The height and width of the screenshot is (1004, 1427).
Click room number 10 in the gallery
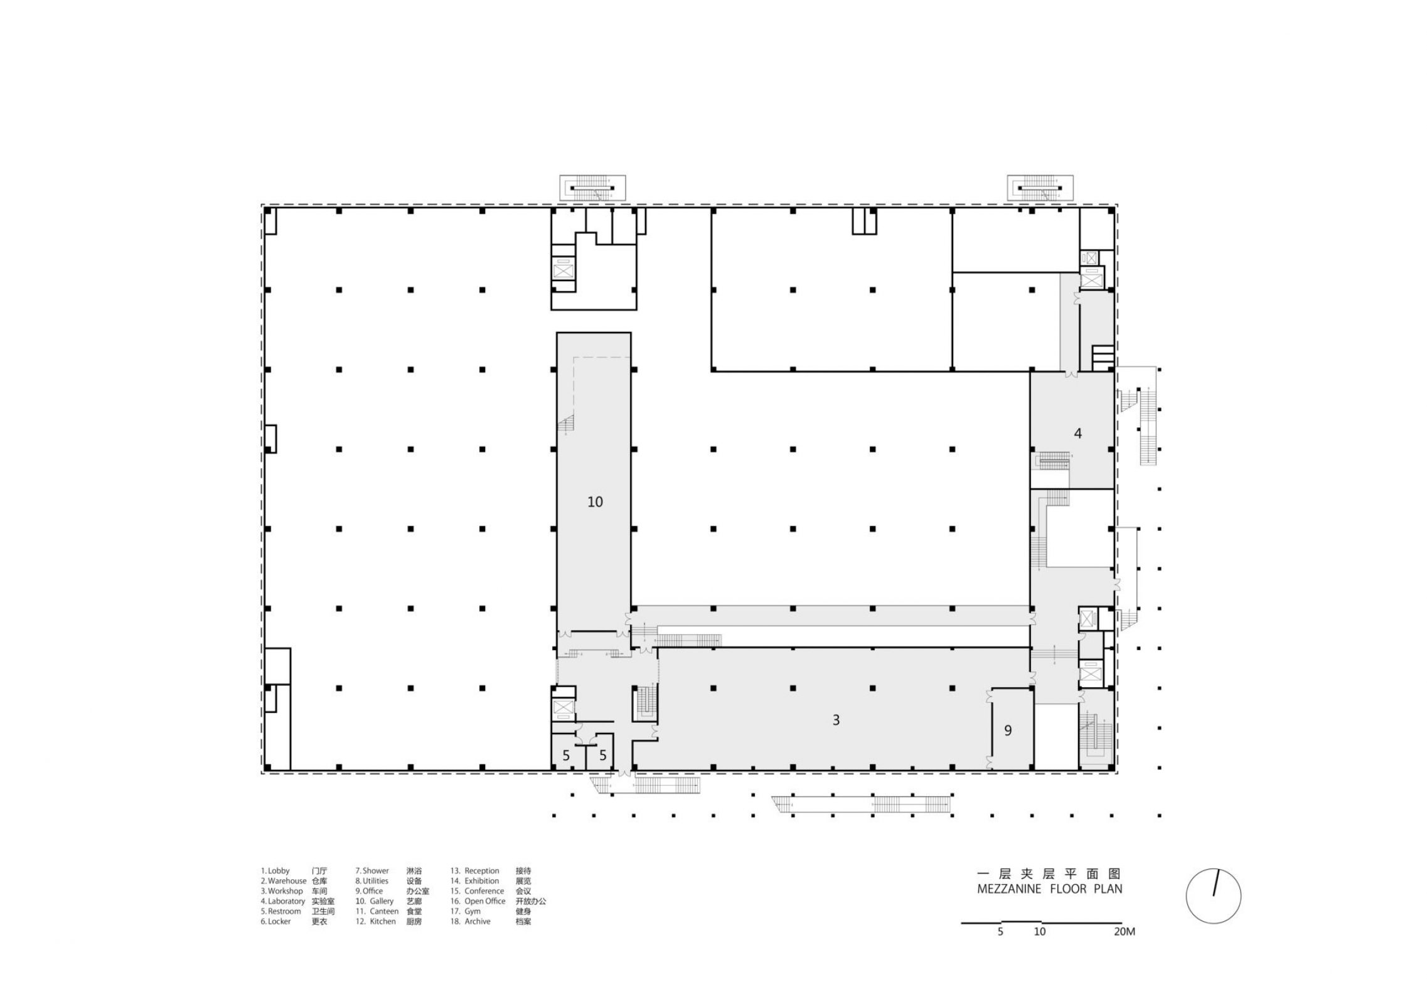(594, 502)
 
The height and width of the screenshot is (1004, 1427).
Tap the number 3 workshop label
(835, 720)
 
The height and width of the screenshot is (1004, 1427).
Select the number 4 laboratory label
(1077, 434)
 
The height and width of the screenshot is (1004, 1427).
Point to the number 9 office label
(1008, 730)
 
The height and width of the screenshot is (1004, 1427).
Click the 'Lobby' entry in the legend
(275, 871)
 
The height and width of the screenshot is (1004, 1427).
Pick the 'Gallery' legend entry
(377, 901)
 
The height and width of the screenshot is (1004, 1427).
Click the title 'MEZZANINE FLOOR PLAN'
(1049, 889)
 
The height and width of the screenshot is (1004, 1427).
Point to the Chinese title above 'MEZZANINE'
(1049, 873)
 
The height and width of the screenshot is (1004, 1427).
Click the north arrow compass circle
(1213, 896)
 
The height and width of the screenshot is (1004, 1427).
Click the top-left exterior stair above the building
(592, 188)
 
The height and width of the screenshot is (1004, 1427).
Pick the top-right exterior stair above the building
(1040, 188)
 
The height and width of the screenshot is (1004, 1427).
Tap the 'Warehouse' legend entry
(284, 881)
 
